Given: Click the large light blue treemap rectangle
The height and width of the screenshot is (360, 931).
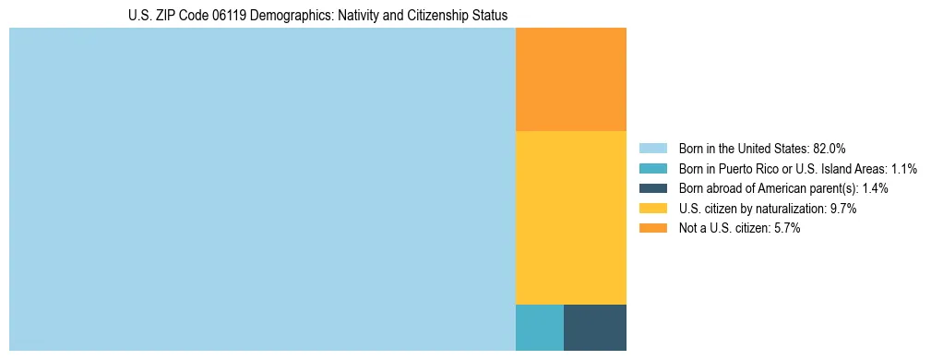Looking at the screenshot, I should click(262, 189).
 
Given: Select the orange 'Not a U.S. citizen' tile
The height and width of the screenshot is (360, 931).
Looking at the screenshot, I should click(570, 79).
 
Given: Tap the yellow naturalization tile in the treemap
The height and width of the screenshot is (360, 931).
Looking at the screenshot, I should click(570, 217).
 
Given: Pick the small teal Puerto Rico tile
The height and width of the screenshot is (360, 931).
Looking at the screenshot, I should click(539, 327).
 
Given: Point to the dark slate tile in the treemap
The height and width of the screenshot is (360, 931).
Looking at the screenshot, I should click(594, 327).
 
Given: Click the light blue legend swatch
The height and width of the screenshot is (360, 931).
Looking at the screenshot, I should click(652, 148).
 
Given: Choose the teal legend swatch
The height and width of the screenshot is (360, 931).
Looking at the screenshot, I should click(652, 168).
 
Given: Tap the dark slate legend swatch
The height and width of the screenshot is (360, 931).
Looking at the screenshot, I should click(652, 188).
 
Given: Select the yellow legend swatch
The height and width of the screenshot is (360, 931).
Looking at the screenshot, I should click(652, 209).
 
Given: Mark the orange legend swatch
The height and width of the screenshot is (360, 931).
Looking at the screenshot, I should click(652, 229).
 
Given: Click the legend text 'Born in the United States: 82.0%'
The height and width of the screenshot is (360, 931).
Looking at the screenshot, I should click(762, 148).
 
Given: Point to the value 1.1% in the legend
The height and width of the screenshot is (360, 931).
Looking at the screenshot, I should click(904, 168).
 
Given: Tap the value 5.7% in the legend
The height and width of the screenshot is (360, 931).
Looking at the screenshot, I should click(787, 229).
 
